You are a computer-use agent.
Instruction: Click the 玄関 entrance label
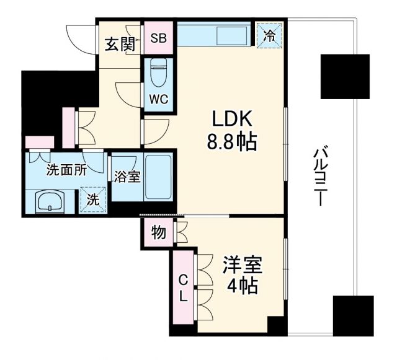coord(118,45)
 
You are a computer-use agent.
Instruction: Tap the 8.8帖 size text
coord(231,144)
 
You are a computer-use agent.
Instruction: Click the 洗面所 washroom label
coord(65,171)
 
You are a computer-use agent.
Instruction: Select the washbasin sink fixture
coord(50,200)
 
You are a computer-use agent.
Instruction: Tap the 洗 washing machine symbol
coord(92,200)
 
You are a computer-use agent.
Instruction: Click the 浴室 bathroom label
coord(127,177)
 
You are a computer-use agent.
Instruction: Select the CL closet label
coord(183,288)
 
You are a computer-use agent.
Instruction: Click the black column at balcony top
coord(345,76)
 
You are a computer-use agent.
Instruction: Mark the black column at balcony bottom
coord(352,315)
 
